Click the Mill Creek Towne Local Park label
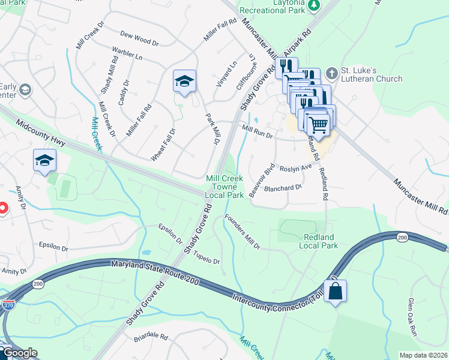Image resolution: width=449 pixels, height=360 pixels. (224, 187)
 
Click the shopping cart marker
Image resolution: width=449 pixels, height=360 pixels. (318, 124)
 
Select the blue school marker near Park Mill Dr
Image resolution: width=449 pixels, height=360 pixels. (184, 82)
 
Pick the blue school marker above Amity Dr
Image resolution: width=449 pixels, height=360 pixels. (44, 161)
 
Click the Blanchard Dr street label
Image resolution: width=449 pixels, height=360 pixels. (283, 188)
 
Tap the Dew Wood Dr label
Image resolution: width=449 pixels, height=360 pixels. (139, 39)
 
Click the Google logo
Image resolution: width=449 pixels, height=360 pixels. (20, 353)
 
